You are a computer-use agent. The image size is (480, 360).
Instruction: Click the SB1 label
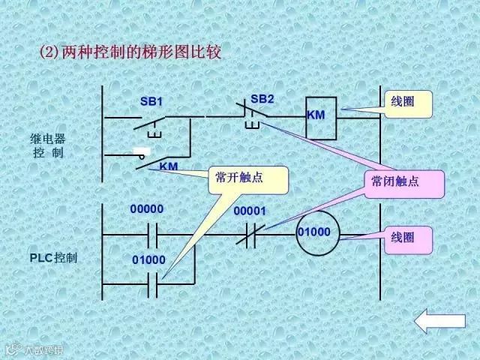[x=151, y=101]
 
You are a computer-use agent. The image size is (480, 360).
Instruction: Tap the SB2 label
[x=262, y=98]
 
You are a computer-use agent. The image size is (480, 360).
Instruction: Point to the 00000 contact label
[x=146, y=208]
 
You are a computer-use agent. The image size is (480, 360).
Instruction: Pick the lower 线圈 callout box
[x=409, y=238]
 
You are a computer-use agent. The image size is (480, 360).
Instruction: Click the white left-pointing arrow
[x=440, y=322]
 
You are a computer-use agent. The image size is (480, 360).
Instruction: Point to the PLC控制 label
[x=54, y=258]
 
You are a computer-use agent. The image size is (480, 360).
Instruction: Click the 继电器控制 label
[x=48, y=145]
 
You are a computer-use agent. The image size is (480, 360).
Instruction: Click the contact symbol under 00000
[x=153, y=235]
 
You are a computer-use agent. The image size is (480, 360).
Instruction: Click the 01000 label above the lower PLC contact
[x=148, y=259]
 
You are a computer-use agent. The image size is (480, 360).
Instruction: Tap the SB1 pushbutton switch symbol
[x=154, y=121]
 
